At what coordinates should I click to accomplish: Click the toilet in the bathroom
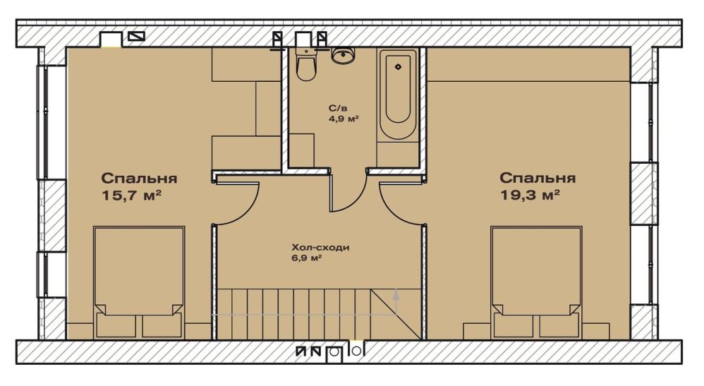[305, 64]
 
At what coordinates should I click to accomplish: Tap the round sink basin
[344, 55]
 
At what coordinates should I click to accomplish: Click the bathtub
[398, 95]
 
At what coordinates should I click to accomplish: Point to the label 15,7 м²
[131, 196]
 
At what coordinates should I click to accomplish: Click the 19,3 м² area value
[529, 195]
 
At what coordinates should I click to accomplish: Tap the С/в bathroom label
[338, 108]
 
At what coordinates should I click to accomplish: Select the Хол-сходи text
[320, 248]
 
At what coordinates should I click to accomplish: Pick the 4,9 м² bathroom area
[344, 119]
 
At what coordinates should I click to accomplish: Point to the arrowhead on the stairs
[396, 294]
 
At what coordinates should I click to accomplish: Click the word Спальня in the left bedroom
[139, 179]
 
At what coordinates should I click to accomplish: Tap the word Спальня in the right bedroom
[538, 178]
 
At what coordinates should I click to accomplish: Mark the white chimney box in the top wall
[111, 40]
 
